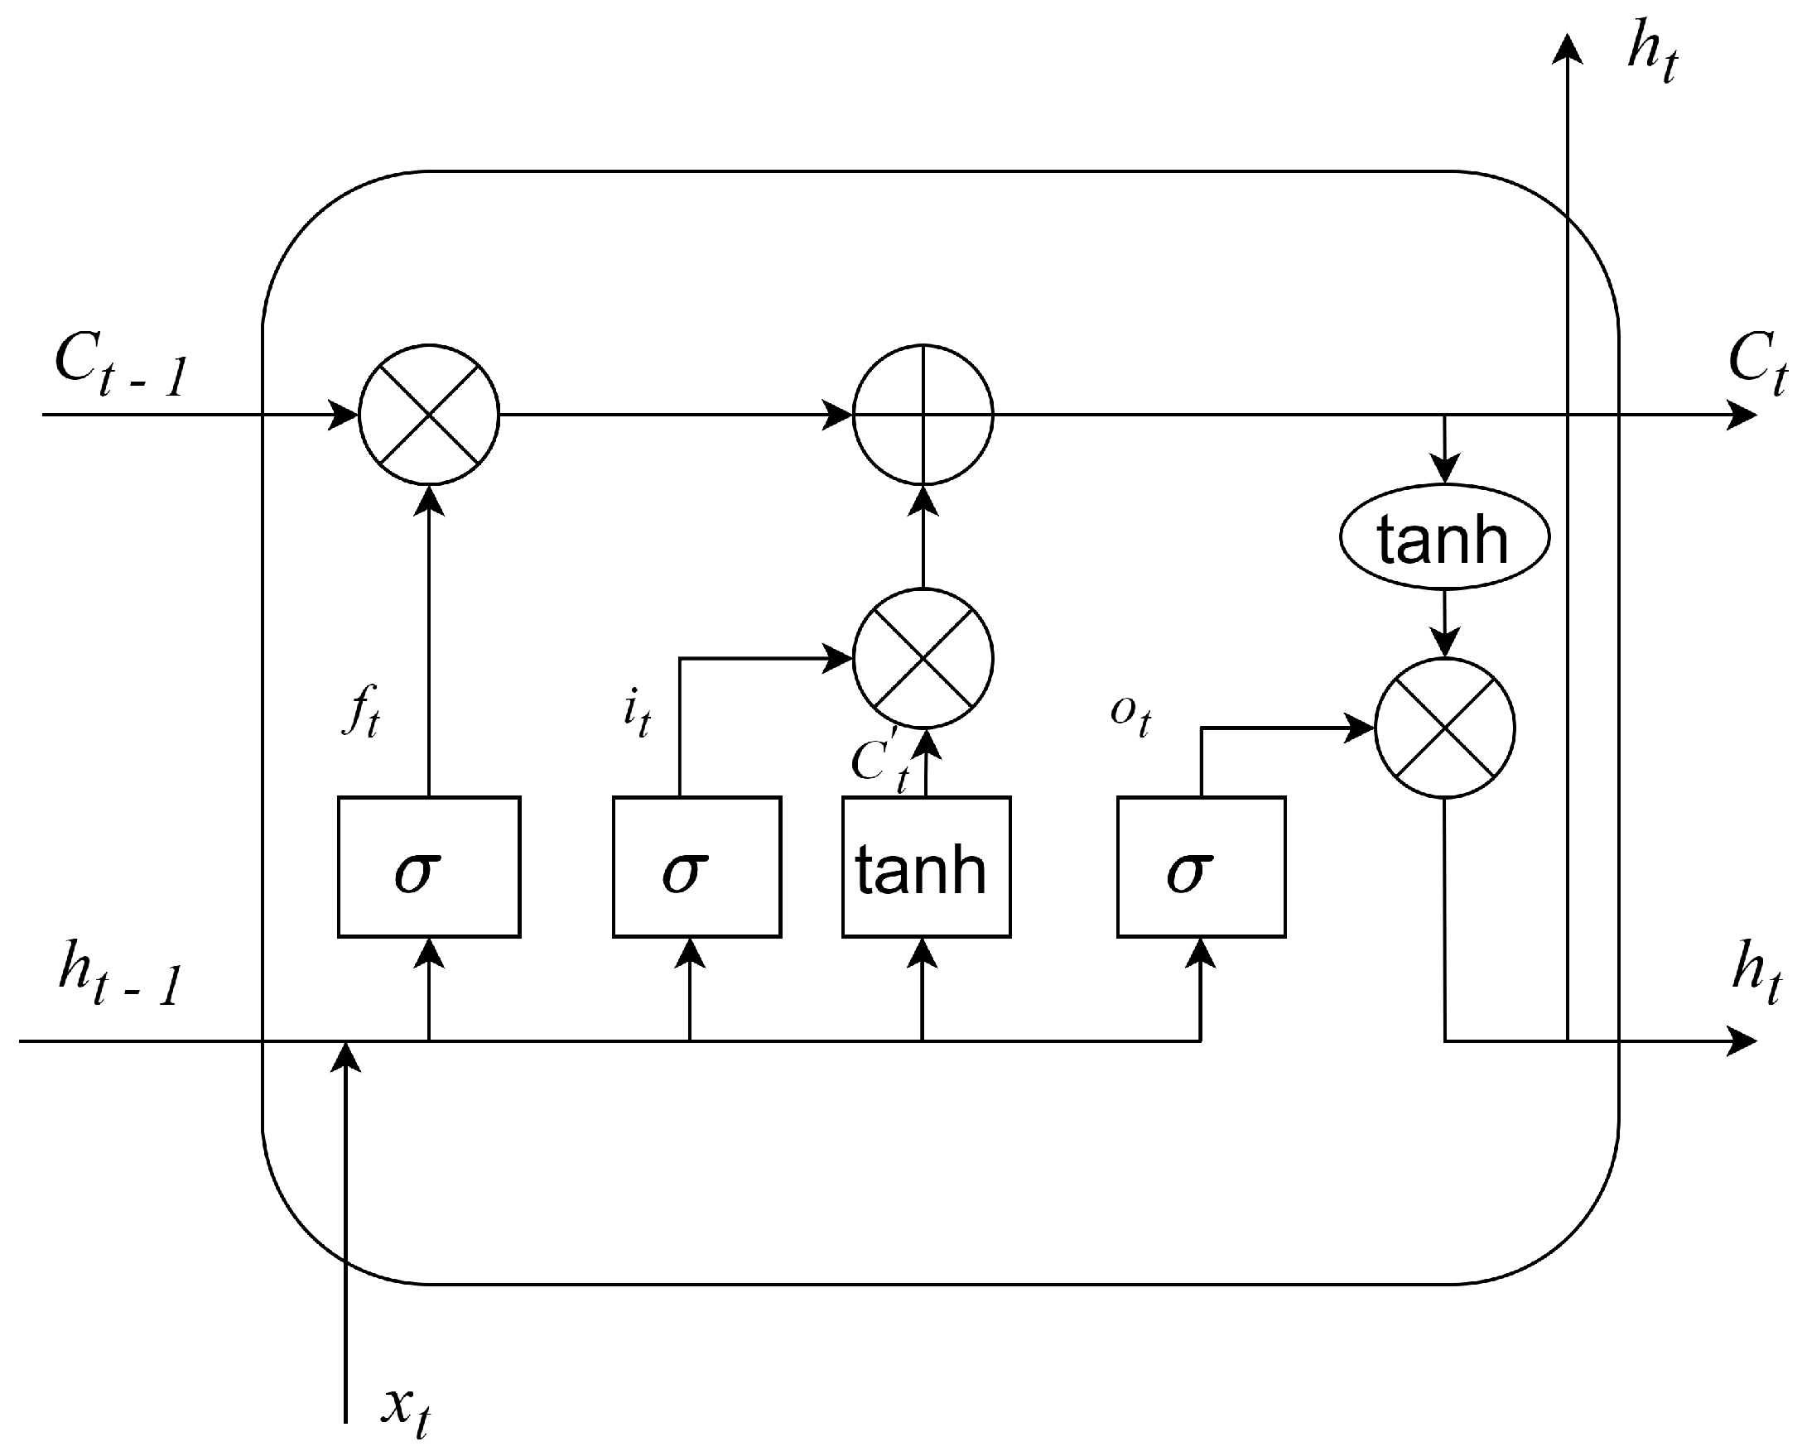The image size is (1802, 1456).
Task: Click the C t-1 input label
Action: (x=119, y=366)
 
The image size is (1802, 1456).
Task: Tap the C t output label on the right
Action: (x=1755, y=363)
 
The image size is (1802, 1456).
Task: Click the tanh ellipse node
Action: (x=1443, y=537)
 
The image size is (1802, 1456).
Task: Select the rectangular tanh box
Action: (x=926, y=867)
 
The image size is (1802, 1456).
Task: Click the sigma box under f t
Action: (x=429, y=867)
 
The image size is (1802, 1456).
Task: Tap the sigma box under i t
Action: (x=696, y=867)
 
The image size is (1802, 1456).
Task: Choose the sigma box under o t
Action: (x=1201, y=867)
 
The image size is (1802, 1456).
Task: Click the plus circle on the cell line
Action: (x=923, y=415)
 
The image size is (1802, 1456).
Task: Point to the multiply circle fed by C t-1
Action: (x=429, y=415)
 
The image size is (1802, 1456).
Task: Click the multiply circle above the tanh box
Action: (x=923, y=658)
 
